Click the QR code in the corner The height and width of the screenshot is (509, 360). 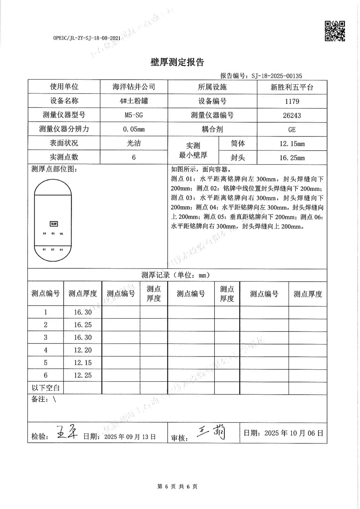click(x=335, y=31)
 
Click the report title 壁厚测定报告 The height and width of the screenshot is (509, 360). click(x=177, y=62)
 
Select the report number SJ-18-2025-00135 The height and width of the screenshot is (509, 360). click(x=276, y=76)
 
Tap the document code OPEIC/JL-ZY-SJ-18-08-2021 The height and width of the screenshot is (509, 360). click(x=87, y=38)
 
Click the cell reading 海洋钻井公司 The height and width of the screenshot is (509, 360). click(x=134, y=87)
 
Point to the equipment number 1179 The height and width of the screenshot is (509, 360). click(x=292, y=101)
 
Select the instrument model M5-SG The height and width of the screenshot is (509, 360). click(x=134, y=115)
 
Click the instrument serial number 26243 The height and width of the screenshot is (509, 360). click(x=292, y=115)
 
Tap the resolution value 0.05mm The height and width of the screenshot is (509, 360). click(x=134, y=129)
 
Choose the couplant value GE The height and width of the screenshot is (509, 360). click(x=292, y=129)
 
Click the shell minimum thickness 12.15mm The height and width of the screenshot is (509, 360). click(x=292, y=143)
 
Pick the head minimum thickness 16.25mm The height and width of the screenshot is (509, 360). click(x=292, y=157)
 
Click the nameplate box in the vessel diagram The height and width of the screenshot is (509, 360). click(x=53, y=224)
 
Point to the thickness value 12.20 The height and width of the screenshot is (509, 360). click(x=83, y=350)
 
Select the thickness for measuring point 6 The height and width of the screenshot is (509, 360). click(x=83, y=375)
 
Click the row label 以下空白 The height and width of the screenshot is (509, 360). click(x=46, y=388)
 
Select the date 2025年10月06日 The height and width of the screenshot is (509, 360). click(x=293, y=433)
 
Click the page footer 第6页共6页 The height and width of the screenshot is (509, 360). click(x=177, y=486)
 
